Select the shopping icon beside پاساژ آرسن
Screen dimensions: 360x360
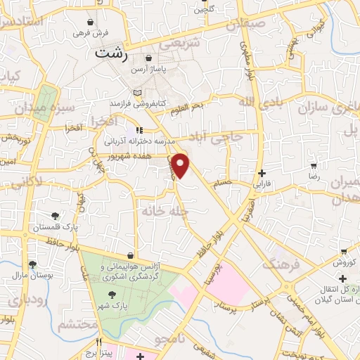(148, 58)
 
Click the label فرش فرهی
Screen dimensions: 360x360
(91, 34)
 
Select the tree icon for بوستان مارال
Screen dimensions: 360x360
(32, 264)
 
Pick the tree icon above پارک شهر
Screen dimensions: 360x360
(114, 295)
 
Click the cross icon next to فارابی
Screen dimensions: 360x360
(262, 173)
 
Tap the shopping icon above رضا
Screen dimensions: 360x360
(313, 167)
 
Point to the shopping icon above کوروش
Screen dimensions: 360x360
(342, 251)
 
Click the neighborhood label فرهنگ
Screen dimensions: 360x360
(281, 265)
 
